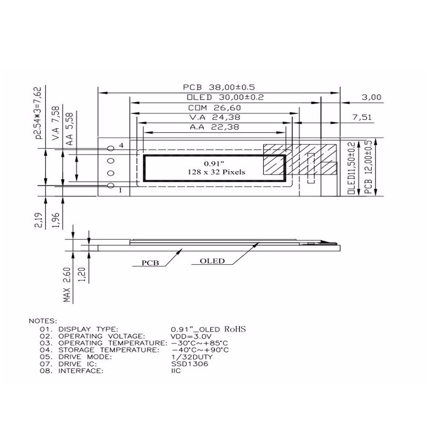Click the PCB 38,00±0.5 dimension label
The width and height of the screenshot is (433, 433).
coord(218,87)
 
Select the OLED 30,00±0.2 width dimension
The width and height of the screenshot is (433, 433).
coord(225,97)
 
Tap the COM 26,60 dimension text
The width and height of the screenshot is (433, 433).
coord(214,108)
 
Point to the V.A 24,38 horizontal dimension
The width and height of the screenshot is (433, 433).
coord(214,118)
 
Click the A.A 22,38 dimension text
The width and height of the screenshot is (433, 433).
coord(214,128)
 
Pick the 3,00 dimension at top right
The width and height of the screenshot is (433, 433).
coord(371,97)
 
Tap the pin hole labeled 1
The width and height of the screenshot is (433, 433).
coord(110,186)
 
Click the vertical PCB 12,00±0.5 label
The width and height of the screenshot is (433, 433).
coord(368,168)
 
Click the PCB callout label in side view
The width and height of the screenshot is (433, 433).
coord(150,262)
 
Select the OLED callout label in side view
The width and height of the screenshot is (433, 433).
coord(212,260)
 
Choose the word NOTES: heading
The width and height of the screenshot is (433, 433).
coord(43,321)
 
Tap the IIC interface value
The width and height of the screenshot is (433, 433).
coord(176,371)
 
